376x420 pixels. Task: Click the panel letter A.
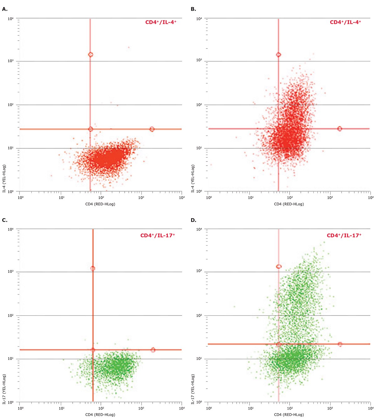point(4,9)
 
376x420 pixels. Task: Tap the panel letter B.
point(193,9)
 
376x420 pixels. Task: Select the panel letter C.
point(4,220)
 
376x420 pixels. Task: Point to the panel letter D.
point(193,220)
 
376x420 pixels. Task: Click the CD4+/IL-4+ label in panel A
point(161,23)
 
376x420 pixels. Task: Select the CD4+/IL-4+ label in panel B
point(345,22)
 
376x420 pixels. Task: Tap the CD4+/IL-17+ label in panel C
point(158,235)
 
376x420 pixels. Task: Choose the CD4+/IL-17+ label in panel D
point(344,235)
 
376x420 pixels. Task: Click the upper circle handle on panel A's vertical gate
point(91,54)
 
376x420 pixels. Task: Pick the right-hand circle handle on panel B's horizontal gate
point(339,129)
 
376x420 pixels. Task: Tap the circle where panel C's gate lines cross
point(93,350)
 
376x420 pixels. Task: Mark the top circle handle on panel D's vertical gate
point(279,266)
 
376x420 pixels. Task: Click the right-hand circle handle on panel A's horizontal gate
point(152,129)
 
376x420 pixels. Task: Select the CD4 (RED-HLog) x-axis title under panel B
point(289,204)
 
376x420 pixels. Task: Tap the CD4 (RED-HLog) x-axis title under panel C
point(100,415)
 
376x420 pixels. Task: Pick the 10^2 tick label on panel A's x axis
point(101,198)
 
